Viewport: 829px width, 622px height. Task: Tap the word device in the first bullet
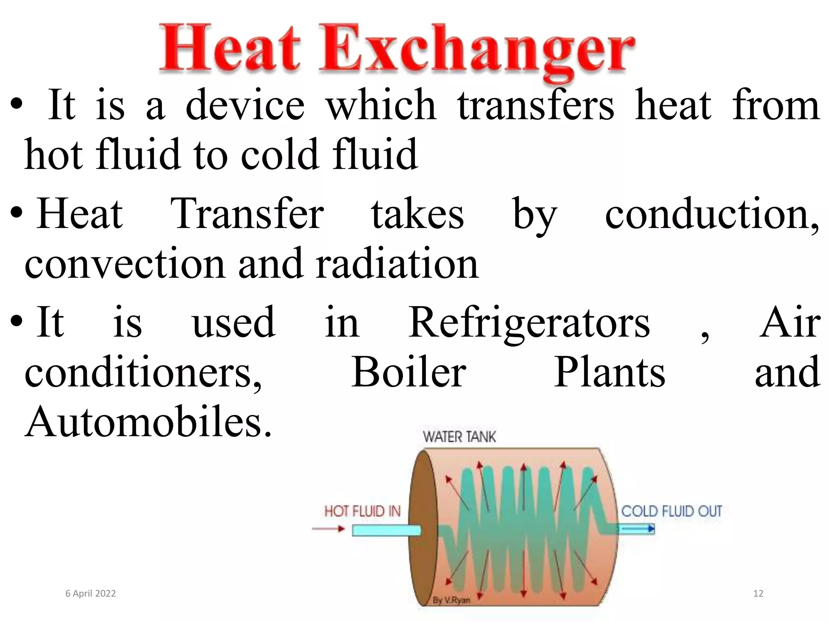tap(245, 105)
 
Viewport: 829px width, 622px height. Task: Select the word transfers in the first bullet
tap(536, 105)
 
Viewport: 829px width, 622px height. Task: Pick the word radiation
tap(397, 264)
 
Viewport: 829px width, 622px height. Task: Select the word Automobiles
tap(148, 422)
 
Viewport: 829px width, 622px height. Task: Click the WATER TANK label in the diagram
tap(459, 437)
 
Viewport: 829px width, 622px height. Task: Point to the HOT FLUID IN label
tap(362, 511)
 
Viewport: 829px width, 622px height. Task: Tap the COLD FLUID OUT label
tap(672, 511)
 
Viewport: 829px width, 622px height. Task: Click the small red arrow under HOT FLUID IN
tap(328, 528)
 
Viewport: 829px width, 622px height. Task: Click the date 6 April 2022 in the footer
tap(91, 594)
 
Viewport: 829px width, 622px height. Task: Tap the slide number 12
tap(758, 594)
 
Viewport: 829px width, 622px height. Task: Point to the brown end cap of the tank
tap(423, 530)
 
